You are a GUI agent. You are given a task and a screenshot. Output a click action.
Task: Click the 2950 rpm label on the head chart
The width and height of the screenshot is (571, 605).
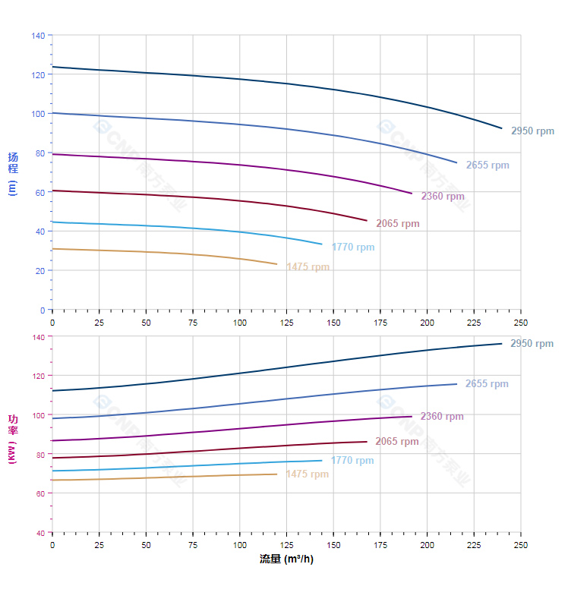tap(532, 131)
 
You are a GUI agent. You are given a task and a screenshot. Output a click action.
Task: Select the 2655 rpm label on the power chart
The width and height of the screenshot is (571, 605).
tap(487, 384)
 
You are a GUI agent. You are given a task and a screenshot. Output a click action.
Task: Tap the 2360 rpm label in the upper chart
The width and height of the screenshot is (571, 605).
tap(443, 197)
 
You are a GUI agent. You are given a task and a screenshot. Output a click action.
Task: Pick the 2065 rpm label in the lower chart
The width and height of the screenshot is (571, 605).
tap(397, 442)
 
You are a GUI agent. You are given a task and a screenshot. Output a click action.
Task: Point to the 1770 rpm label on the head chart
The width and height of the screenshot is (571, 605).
tap(353, 247)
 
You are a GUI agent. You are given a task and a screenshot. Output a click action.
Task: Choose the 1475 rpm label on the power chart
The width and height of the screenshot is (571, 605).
tap(308, 474)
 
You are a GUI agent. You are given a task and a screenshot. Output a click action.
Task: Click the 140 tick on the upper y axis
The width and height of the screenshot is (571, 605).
tap(38, 35)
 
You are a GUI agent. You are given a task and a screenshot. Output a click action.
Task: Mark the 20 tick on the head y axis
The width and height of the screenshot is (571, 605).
tap(40, 270)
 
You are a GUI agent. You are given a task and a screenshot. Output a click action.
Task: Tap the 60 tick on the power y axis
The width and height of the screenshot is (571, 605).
tap(40, 493)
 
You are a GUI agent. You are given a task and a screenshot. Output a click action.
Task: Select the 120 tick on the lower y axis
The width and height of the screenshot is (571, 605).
tap(38, 376)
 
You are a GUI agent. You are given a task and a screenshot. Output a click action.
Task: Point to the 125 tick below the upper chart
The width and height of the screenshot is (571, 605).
tap(287, 322)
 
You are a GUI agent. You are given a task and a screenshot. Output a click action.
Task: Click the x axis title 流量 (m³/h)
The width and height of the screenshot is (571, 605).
tap(286, 559)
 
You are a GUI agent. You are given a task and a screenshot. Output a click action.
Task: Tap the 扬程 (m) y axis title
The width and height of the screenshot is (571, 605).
tap(12, 173)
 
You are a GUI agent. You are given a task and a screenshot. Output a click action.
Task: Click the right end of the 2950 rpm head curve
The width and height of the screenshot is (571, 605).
tap(502, 128)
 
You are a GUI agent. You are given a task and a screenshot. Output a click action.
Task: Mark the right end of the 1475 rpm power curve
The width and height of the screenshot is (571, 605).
tap(277, 474)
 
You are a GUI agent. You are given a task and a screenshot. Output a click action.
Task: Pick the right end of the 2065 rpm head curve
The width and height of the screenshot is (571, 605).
tap(367, 221)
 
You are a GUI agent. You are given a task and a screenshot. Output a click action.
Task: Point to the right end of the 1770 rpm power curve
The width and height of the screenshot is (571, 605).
tap(322, 460)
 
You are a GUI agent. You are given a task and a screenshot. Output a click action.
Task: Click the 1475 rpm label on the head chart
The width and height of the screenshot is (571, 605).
tap(308, 267)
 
